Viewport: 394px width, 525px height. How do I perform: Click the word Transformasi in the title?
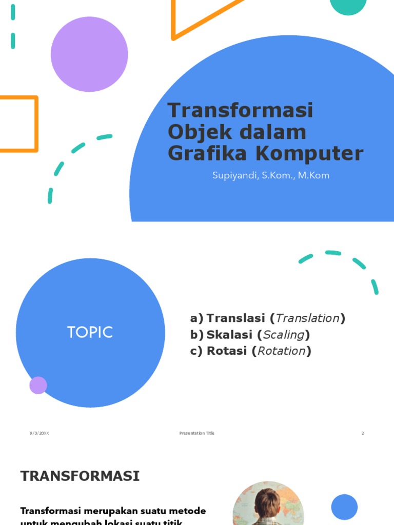[240, 111]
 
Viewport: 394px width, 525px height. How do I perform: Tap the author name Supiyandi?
[233, 175]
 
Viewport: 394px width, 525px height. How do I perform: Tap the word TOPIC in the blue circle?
[90, 332]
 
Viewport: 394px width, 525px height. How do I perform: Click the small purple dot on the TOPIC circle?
[38, 385]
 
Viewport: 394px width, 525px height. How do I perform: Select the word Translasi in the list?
[236, 318]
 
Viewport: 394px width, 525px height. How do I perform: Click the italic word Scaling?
[284, 335]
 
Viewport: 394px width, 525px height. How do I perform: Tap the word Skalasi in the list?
[229, 335]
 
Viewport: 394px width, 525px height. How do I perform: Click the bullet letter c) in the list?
[196, 351]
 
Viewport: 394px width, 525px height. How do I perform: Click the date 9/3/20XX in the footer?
[40, 433]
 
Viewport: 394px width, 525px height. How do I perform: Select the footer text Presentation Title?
[197, 433]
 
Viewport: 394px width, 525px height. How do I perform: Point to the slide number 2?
[362, 433]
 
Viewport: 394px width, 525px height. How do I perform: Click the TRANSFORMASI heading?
[80, 476]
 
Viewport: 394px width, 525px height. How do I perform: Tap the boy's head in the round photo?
[268, 503]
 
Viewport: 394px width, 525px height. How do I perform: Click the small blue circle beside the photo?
[344, 507]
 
